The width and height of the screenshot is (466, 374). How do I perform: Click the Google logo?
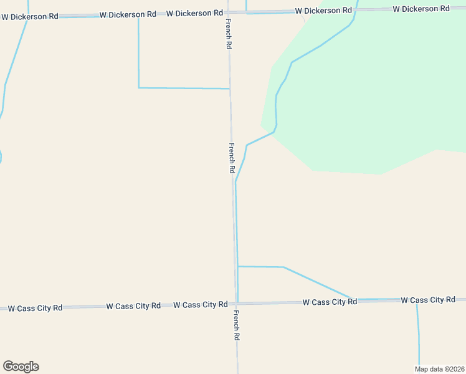coord(21,367)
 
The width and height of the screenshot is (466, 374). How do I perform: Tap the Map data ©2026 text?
coord(439,369)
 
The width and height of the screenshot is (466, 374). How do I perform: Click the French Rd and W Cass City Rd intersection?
coord(236,304)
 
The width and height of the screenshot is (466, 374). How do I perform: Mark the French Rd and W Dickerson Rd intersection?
coord(228,12)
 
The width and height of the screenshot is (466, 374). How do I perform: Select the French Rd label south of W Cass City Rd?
coord(237,325)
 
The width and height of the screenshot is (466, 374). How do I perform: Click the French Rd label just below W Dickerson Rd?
coord(229,34)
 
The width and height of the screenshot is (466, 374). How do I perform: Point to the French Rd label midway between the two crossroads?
coord(232,158)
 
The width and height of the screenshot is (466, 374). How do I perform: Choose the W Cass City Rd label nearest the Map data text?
coord(427,300)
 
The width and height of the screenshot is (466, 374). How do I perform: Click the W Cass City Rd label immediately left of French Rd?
coord(200,305)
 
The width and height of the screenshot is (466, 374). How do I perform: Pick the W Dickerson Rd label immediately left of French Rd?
coord(194,13)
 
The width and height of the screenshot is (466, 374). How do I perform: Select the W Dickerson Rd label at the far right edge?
coord(421,9)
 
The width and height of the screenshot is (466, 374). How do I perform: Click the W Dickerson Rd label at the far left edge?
coord(29,16)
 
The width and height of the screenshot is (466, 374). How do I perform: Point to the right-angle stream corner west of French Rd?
coord(138,87)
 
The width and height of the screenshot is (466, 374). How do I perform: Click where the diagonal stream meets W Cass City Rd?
coord(350,299)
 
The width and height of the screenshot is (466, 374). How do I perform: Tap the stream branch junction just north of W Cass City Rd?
coord(237,267)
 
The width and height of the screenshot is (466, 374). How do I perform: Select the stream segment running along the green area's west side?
coord(276,106)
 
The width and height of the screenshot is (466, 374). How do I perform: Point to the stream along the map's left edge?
coord(5,87)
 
